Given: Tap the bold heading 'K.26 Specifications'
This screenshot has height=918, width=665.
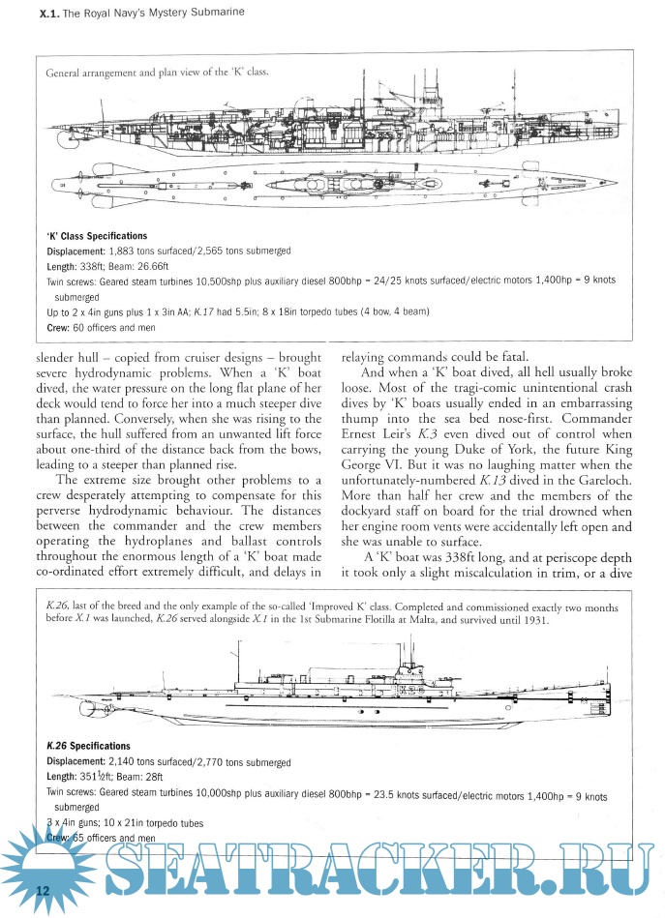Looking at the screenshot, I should [88, 746].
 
